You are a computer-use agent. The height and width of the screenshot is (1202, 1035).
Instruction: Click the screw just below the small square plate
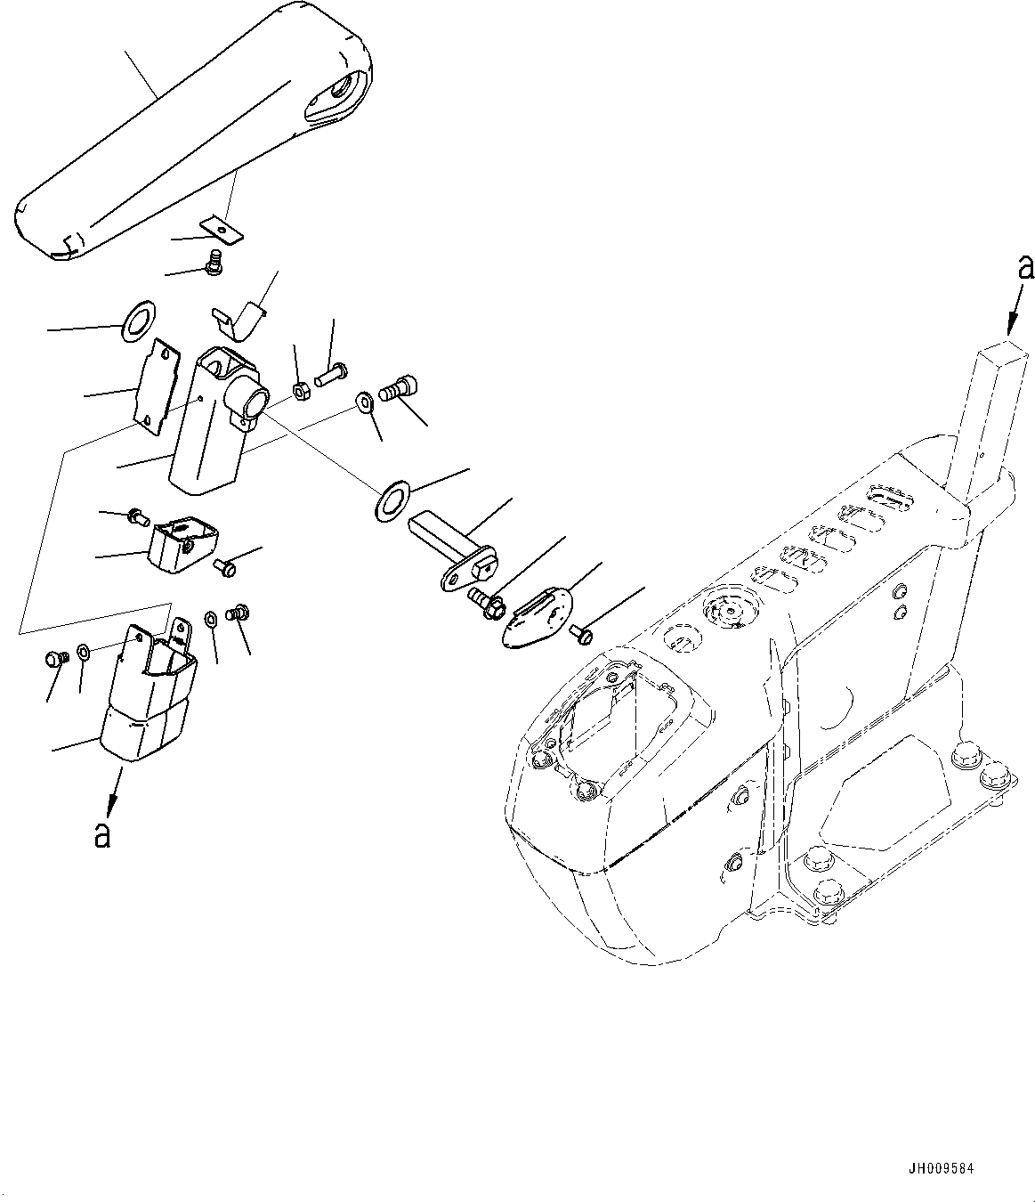tap(213, 264)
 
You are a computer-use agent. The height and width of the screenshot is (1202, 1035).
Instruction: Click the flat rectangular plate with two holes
tap(153, 388)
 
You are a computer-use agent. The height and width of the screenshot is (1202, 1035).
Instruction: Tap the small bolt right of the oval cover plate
tap(584, 634)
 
